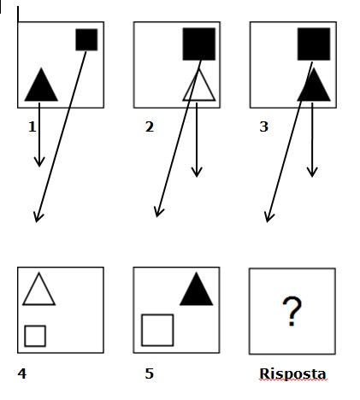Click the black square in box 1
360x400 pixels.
coord(86,39)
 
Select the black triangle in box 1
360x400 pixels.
coord(41,85)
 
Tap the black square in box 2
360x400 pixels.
coord(199,44)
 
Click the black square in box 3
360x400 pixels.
coord(314,44)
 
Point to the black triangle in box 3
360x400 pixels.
coord(314,85)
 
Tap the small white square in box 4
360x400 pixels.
coord(35,336)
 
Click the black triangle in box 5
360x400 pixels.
coord(197,289)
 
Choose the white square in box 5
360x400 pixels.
coord(157,330)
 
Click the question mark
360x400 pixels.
coord(292,311)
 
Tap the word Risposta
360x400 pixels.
coord(292,374)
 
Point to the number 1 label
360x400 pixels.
coord(32,126)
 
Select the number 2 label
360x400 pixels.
coord(150,126)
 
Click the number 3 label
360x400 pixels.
coord(264,126)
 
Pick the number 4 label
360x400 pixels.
coord(22,374)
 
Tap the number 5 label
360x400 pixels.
coord(150,374)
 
